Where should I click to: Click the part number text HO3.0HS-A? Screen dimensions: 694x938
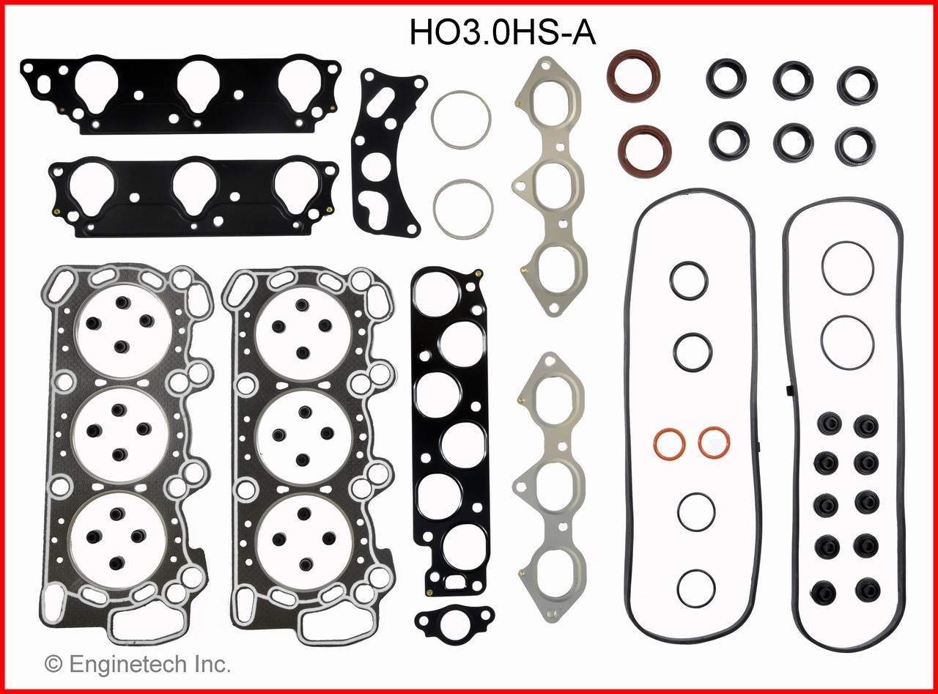click(503, 33)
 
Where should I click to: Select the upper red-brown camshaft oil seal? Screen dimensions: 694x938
click(633, 75)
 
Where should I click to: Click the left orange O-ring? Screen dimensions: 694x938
click(668, 443)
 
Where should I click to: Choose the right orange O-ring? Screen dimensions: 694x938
click(714, 442)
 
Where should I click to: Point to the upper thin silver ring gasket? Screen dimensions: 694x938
click(461, 119)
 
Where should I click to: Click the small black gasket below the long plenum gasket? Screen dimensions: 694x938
click(444, 622)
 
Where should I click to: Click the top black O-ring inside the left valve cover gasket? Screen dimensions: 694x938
click(689, 281)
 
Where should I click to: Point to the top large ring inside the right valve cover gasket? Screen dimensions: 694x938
click(847, 268)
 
